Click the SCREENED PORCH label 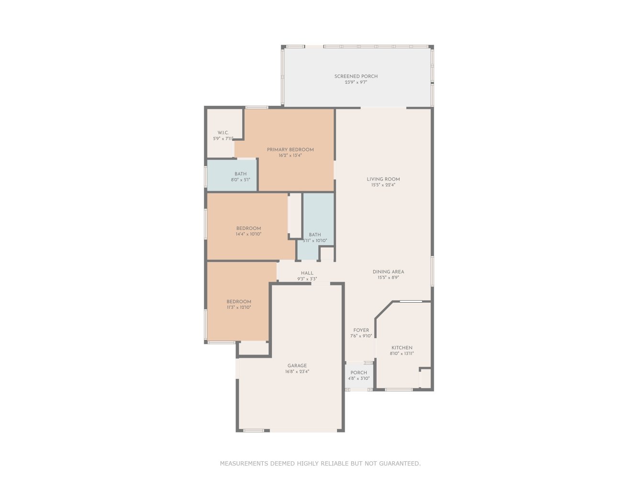point(356,77)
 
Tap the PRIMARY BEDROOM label point(290,150)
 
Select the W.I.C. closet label point(223,133)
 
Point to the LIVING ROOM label point(383,179)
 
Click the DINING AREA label point(388,272)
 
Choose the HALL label point(307,273)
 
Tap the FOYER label point(361,330)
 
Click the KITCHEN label point(402,348)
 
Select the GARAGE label point(297,365)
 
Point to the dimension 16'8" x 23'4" point(297,371)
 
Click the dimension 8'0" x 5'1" point(240,180)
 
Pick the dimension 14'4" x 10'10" point(248,234)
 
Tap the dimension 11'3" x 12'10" point(239,307)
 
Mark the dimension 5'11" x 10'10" point(315,240)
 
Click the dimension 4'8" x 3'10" point(358,378)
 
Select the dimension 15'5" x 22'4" point(383,185)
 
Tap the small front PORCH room point(359,375)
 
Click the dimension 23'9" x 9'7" point(356,82)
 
